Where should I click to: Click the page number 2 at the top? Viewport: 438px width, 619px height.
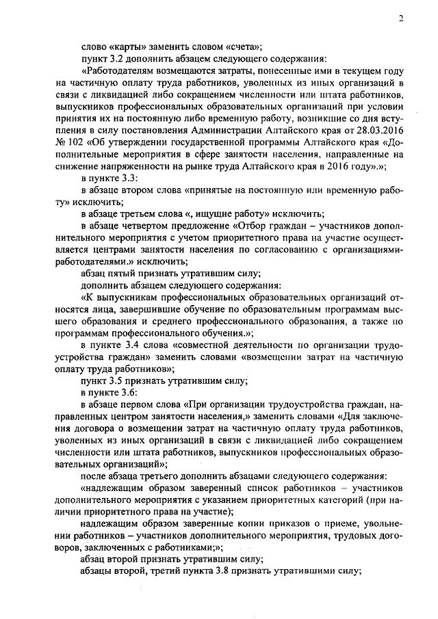click(x=401, y=19)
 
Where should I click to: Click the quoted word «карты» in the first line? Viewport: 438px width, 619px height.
click(x=126, y=47)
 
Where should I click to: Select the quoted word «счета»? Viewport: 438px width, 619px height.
click(x=241, y=47)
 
